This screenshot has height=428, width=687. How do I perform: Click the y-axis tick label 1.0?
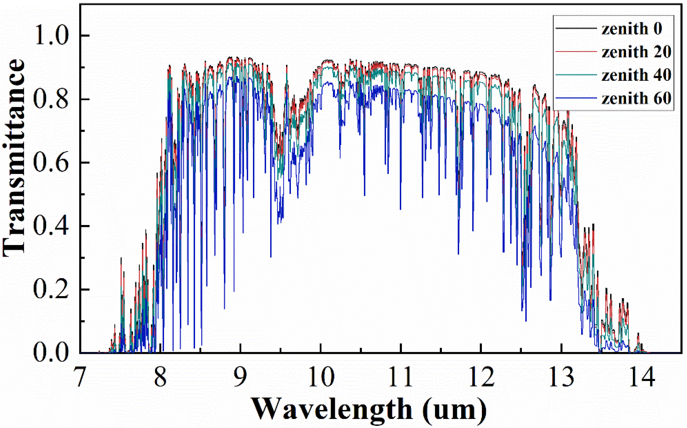pyautogui.click(x=51, y=36)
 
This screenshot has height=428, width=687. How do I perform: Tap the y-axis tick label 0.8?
pyautogui.click(x=51, y=99)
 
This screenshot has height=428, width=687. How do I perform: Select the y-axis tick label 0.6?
pyautogui.click(x=51, y=163)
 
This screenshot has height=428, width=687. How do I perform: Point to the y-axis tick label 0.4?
pyautogui.click(x=51, y=226)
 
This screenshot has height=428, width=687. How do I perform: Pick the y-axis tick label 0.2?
pyautogui.click(x=51, y=290)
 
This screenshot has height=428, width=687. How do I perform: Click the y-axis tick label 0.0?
pyautogui.click(x=51, y=353)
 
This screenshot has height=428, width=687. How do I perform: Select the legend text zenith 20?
pyautogui.click(x=636, y=52)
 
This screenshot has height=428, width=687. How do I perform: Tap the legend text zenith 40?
pyautogui.click(x=636, y=75)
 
